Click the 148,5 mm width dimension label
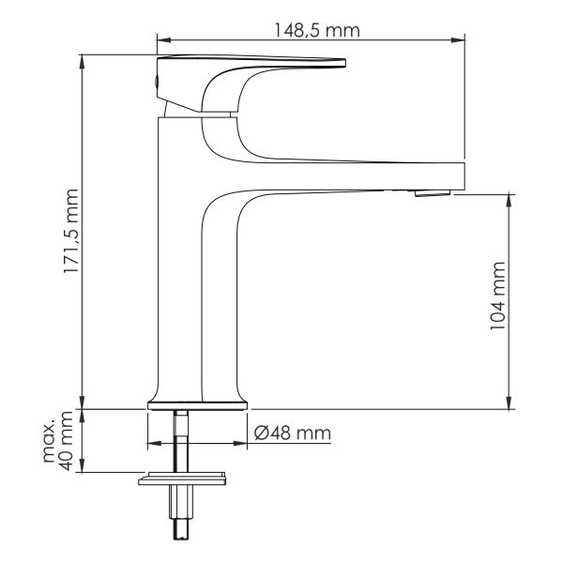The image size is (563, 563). (x=317, y=30)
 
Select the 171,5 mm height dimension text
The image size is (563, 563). (x=70, y=231)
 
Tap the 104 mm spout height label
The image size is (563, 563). (x=498, y=296)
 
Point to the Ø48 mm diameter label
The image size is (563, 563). (x=292, y=433)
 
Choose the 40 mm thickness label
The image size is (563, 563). (x=67, y=441)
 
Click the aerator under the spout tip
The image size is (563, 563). (x=433, y=193)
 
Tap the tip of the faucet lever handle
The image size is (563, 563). (x=344, y=63)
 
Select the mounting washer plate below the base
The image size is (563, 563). (x=182, y=479)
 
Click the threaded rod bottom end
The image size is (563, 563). (x=181, y=536)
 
